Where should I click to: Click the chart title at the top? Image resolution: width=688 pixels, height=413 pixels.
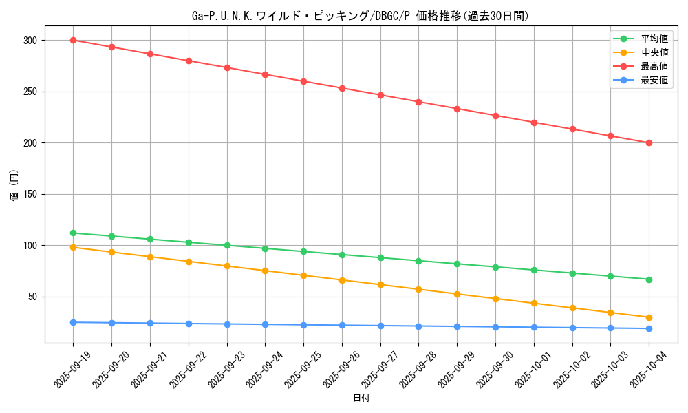coord(361,16)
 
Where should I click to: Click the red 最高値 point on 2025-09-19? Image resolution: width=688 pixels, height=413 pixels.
coord(73,40)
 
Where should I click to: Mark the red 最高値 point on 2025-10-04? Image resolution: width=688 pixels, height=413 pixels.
coord(649,143)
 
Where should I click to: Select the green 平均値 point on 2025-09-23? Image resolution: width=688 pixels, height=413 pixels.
coord(227,245)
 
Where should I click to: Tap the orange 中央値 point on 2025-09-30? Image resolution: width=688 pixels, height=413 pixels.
coord(495,299)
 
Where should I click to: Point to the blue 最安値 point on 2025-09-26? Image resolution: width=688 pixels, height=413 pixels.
coord(342,325)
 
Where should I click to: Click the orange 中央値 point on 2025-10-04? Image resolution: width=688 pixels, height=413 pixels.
coord(649,317)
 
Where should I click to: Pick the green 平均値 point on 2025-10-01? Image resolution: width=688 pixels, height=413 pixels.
coord(534,270)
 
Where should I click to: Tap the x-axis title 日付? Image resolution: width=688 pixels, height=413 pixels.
coord(361,399)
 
